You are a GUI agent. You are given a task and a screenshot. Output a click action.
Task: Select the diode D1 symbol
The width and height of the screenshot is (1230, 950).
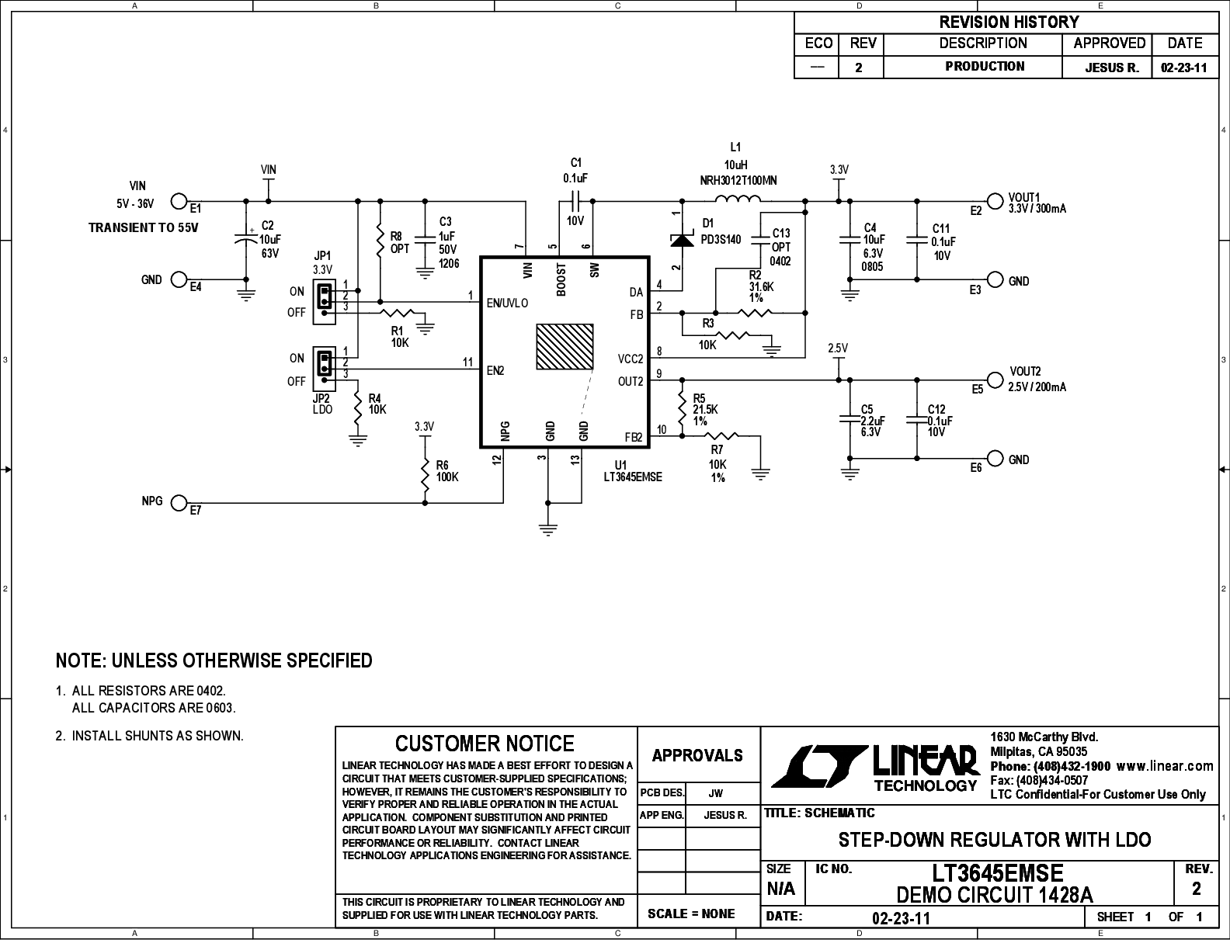pos(682,241)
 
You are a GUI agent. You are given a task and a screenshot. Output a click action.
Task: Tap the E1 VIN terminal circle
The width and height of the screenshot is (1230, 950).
pos(179,202)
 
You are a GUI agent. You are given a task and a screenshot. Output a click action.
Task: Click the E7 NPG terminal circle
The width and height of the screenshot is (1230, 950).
pos(179,503)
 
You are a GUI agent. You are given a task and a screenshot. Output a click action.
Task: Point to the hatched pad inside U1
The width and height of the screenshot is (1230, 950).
pos(565,347)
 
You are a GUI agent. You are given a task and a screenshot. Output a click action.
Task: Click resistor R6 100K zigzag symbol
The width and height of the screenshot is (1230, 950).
pos(425,478)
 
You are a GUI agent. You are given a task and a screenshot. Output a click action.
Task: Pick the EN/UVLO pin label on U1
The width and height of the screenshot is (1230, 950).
pos(507,303)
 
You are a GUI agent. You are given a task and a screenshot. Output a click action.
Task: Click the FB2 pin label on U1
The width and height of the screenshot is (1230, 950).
pos(634,438)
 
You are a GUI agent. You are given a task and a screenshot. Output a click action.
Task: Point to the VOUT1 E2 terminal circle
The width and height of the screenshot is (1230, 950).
pos(994,199)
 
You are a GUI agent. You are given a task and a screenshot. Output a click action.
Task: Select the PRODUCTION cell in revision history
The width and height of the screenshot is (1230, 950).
pos(985,67)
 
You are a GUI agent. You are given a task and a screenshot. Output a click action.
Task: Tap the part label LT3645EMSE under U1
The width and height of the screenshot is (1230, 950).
pos(633,477)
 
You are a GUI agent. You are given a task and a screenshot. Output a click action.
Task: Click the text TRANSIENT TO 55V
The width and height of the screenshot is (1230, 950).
pos(144,228)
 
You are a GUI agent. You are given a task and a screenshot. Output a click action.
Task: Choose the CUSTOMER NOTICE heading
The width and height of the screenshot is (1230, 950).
pos(485,744)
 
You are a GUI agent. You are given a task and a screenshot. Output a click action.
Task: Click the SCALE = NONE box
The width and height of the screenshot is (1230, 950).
pos(691,914)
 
